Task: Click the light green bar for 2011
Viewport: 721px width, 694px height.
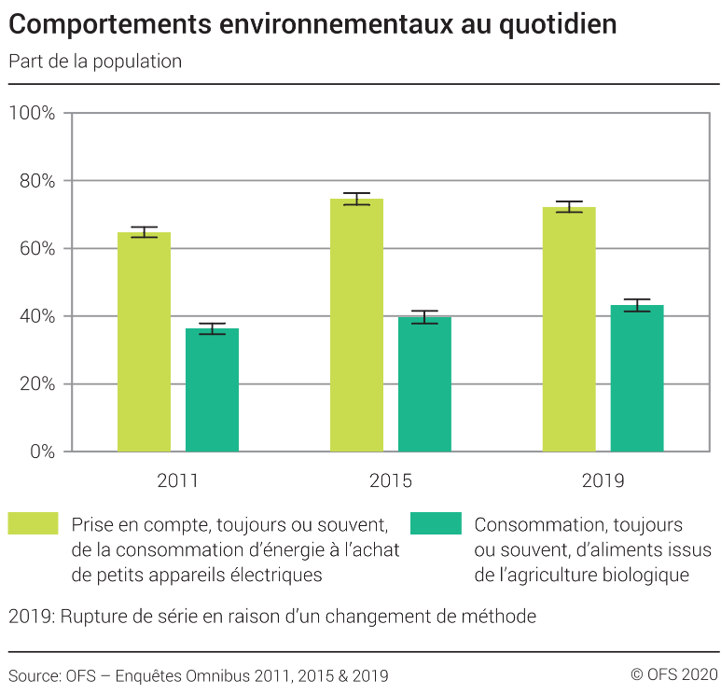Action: tap(144, 341)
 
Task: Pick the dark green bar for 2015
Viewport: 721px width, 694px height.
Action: tap(424, 384)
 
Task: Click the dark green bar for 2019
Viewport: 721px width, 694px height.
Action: tap(637, 378)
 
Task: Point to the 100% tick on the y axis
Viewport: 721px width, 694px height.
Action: tap(33, 113)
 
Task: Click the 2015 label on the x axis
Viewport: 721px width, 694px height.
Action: tap(390, 481)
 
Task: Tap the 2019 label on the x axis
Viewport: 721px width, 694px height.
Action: tap(603, 481)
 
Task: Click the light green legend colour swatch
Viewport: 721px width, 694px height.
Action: tap(33, 524)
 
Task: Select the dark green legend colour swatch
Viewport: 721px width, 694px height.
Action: tap(436, 524)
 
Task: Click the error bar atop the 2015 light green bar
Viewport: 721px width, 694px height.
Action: tap(356, 199)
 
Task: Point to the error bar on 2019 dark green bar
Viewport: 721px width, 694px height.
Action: tap(637, 305)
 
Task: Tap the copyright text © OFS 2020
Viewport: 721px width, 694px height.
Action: tap(673, 674)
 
